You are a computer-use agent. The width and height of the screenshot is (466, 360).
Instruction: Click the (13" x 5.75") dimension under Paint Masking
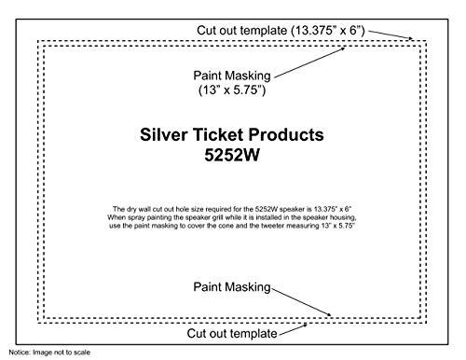tap(232, 91)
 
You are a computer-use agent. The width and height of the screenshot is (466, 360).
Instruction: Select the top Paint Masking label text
tap(232, 75)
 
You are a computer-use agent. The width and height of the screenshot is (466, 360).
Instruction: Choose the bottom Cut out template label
tap(231, 332)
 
